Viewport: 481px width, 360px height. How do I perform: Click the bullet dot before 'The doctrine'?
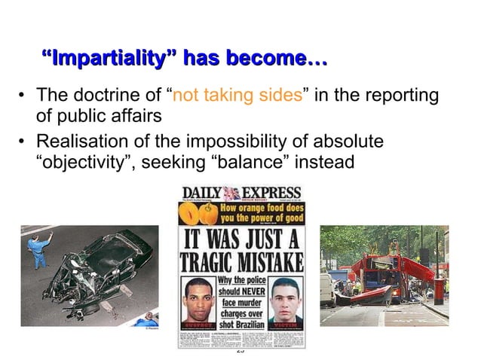[22, 97]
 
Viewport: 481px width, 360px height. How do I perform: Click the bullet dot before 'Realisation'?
[22, 142]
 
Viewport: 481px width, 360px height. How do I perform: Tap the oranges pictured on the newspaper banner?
[198, 215]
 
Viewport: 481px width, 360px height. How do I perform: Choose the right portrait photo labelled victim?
[285, 300]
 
